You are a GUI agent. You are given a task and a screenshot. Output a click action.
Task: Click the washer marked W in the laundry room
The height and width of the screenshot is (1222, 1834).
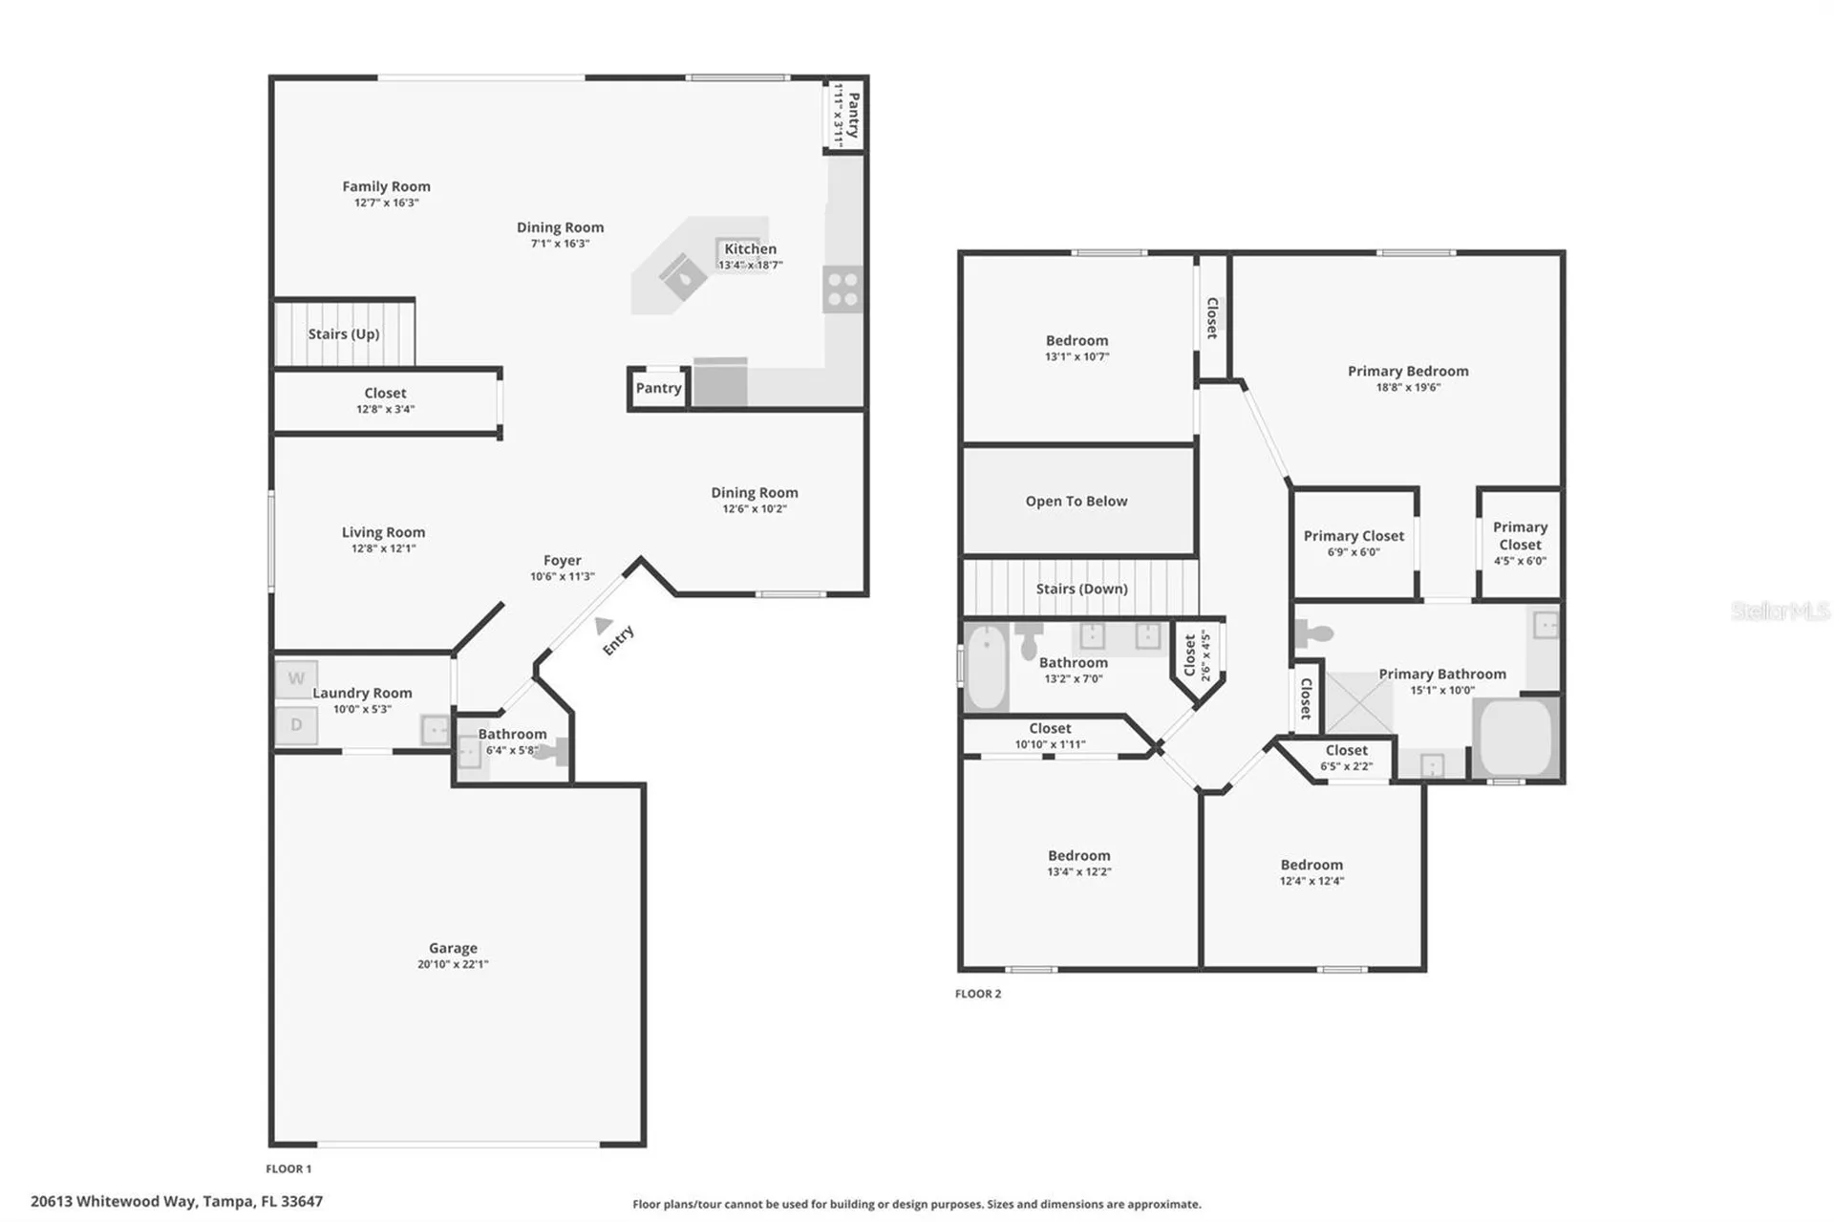click(x=296, y=678)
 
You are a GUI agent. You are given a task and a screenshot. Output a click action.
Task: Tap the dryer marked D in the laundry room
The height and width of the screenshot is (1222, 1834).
click(x=296, y=725)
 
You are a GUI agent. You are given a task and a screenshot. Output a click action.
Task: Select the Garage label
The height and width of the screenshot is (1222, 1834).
click(x=453, y=948)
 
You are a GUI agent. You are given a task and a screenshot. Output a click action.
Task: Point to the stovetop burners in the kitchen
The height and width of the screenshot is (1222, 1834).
click(x=842, y=289)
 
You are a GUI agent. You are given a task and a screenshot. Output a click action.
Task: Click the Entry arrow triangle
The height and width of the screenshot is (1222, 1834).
click(x=603, y=626)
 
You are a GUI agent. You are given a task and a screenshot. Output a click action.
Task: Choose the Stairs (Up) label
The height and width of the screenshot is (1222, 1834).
click(x=344, y=333)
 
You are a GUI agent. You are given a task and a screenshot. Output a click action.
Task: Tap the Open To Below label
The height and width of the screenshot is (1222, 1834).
click(x=1077, y=501)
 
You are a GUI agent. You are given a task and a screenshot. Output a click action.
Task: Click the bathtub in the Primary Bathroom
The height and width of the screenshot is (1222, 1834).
click(x=1516, y=738)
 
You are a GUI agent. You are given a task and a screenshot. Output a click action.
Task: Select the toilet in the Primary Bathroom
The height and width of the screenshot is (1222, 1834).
click(x=1313, y=632)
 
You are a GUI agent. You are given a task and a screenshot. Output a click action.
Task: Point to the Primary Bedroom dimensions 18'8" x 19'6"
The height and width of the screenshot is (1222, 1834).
click(x=1408, y=387)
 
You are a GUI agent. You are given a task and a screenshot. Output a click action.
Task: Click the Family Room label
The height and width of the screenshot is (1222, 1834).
click(x=386, y=186)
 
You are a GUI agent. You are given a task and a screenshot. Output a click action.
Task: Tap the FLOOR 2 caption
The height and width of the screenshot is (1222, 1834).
click(x=978, y=994)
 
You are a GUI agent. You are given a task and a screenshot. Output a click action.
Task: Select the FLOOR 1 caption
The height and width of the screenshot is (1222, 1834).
click(x=288, y=1168)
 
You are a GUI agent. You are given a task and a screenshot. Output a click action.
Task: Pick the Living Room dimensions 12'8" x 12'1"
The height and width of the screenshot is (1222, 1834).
click(x=383, y=548)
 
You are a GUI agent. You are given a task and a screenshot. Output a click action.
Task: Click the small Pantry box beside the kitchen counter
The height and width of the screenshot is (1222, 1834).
click(x=658, y=388)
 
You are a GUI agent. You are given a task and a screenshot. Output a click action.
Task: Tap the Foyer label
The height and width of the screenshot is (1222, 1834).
click(x=563, y=560)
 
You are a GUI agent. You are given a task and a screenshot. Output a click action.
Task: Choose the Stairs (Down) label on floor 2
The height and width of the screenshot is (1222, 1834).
click(x=1081, y=589)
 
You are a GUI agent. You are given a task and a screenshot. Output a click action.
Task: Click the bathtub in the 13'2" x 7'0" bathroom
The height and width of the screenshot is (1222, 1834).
click(x=986, y=666)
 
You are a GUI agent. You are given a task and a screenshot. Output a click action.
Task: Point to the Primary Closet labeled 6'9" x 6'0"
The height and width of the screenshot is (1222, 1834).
click(x=1354, y=543)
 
